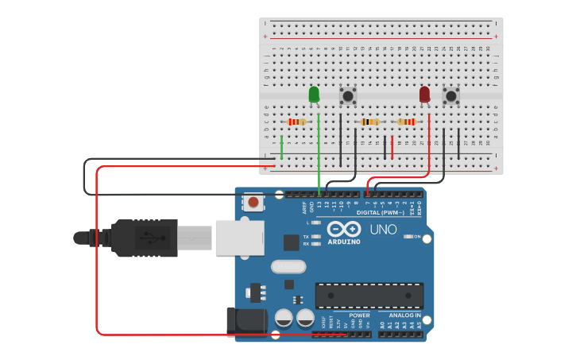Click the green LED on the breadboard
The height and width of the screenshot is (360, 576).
pyautogui.click(x=314, y=95)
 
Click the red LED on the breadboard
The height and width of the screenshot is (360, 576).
pyautogui.click(x=424, y=95)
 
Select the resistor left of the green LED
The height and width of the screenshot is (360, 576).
pyautogui.click(x=296, y=122)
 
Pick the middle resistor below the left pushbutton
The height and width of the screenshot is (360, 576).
pyautogui.click(x=369, y=122)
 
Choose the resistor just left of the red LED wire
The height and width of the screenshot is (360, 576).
pyautogui.click(x=406, y=122)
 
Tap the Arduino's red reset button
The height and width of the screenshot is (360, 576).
pyautogui.click(x=253, y=202)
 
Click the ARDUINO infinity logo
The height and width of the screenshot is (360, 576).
pyautogui.click(x=343, y=229)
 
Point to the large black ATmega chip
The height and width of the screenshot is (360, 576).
pyautogui.click(x=369, y=295)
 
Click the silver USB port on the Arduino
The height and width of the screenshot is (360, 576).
pyautogui.click(x=239, y=238)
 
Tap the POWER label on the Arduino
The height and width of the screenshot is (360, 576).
pyautogui.click(x=359, y=315)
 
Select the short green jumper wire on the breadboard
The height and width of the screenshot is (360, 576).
pyautogui.click(x=281, y=146)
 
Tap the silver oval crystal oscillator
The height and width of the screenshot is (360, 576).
pyautogui.click(x=288, y=266)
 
